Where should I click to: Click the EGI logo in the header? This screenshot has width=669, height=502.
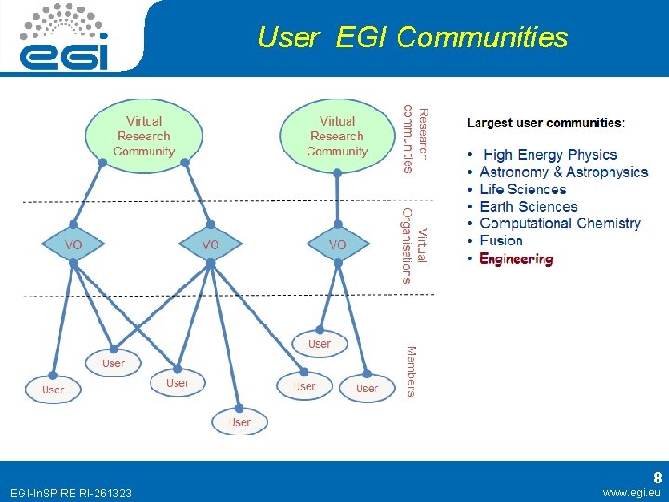coord(66,36)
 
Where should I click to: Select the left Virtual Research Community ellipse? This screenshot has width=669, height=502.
coord(144,136)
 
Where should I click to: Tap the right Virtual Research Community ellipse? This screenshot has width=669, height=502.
coord(337,136)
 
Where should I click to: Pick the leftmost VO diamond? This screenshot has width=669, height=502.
coord(73,244)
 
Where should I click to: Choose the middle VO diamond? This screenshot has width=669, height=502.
coord(211,244)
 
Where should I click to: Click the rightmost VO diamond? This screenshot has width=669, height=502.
coord(337,244)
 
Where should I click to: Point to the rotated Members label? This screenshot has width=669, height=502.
coord(411,371)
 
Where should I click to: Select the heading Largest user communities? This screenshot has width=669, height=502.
coord(545,123)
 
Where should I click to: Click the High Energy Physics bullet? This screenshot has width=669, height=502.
coord(549,155)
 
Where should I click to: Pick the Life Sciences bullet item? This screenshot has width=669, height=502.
coord(522,190)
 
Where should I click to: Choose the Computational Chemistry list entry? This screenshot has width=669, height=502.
coord(559,223)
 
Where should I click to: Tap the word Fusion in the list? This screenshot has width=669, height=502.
coord(501,241)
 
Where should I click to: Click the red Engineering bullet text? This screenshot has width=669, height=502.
coord(516,259)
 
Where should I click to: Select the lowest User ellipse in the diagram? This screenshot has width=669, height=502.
coord(240,422)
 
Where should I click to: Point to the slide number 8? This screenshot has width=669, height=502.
coord(657,477)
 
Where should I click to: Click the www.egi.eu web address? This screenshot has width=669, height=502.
coord(631,493)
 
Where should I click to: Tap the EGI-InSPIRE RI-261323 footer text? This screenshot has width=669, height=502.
coord(70,493)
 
